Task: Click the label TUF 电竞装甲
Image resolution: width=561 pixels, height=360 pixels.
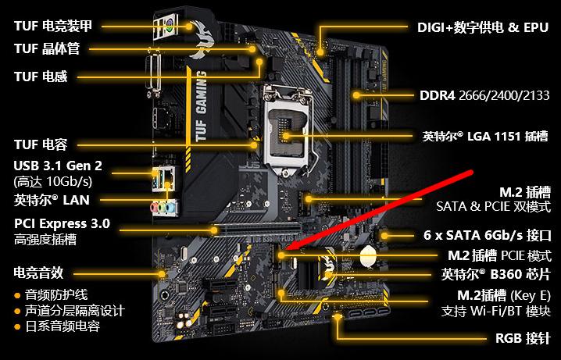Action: pos(53,26)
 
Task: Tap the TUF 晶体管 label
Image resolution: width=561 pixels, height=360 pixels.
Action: pos(47,48)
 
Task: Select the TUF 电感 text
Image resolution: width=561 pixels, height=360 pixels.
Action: pos(41,77)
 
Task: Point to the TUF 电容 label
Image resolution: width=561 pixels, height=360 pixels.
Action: pos(41,144)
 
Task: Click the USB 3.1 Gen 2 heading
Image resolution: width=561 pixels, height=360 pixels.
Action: pos(58,166)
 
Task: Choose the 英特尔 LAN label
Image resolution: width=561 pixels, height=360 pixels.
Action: pos(52,200)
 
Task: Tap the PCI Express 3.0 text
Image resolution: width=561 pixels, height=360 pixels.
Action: pos(62,224)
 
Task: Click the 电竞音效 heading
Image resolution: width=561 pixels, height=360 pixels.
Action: pos(38,273)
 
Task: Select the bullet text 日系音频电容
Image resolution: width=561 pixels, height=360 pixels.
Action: pos(63,326)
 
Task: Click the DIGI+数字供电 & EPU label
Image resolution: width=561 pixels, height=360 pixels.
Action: pos(483,27)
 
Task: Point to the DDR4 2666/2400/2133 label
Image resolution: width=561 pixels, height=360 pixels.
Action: pos(484,95)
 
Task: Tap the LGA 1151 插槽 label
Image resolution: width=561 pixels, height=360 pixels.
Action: pos(485,136)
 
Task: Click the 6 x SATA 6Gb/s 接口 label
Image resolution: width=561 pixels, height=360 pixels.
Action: pos(488,235)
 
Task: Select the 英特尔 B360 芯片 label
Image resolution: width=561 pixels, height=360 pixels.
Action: pos(496,275)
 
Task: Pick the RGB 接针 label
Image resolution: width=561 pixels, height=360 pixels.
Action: pos(523,338)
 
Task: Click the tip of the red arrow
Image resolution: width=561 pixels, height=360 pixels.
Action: pos(288,249)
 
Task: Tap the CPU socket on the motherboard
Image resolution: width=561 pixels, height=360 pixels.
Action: pos(288,131)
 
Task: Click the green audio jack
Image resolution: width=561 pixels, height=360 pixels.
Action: pos(163,208)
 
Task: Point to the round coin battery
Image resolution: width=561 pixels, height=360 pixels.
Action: pos(369,256)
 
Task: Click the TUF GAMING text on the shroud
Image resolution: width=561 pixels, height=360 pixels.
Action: pos(201,106)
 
